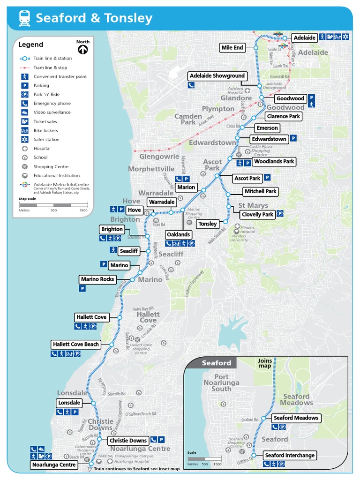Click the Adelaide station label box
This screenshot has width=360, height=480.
pos(304,37)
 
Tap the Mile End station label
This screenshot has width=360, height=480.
pos(232,47)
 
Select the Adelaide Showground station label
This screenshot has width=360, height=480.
pos(217,75)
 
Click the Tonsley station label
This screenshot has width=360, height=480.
pos(208,224)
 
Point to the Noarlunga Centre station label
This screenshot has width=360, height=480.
pos(54,465)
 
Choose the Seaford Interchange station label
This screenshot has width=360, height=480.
pos(289,455)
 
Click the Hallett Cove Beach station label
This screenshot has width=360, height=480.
pos(76,345)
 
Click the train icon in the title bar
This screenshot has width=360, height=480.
pos(24,18)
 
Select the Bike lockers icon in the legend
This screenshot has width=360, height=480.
pos(24,130)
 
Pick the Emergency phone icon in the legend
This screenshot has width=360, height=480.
pos(24,103)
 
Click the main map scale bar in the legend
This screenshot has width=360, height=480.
pos(53,205)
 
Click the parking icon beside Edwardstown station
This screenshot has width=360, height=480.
pos(293,138)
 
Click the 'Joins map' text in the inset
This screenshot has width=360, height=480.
pos(265,363)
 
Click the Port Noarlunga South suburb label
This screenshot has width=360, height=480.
pos(221,382)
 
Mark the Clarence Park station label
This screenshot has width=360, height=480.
pos(284,116)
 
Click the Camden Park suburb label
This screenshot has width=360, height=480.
pos(188,119)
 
